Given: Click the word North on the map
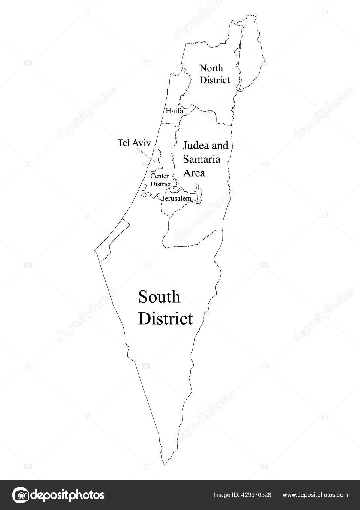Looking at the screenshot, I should point(211,68).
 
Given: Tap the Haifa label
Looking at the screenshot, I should point(174,111).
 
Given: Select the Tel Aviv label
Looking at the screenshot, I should point(133,143).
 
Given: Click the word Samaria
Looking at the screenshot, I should point(202,159).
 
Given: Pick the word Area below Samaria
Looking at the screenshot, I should point(194,173).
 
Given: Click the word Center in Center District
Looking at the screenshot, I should point(159,176).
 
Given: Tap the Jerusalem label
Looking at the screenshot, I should point(177,198).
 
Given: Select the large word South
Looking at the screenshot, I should point(159,297).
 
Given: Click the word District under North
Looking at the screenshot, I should point(215,80).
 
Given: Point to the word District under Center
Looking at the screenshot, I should point(160,184).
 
